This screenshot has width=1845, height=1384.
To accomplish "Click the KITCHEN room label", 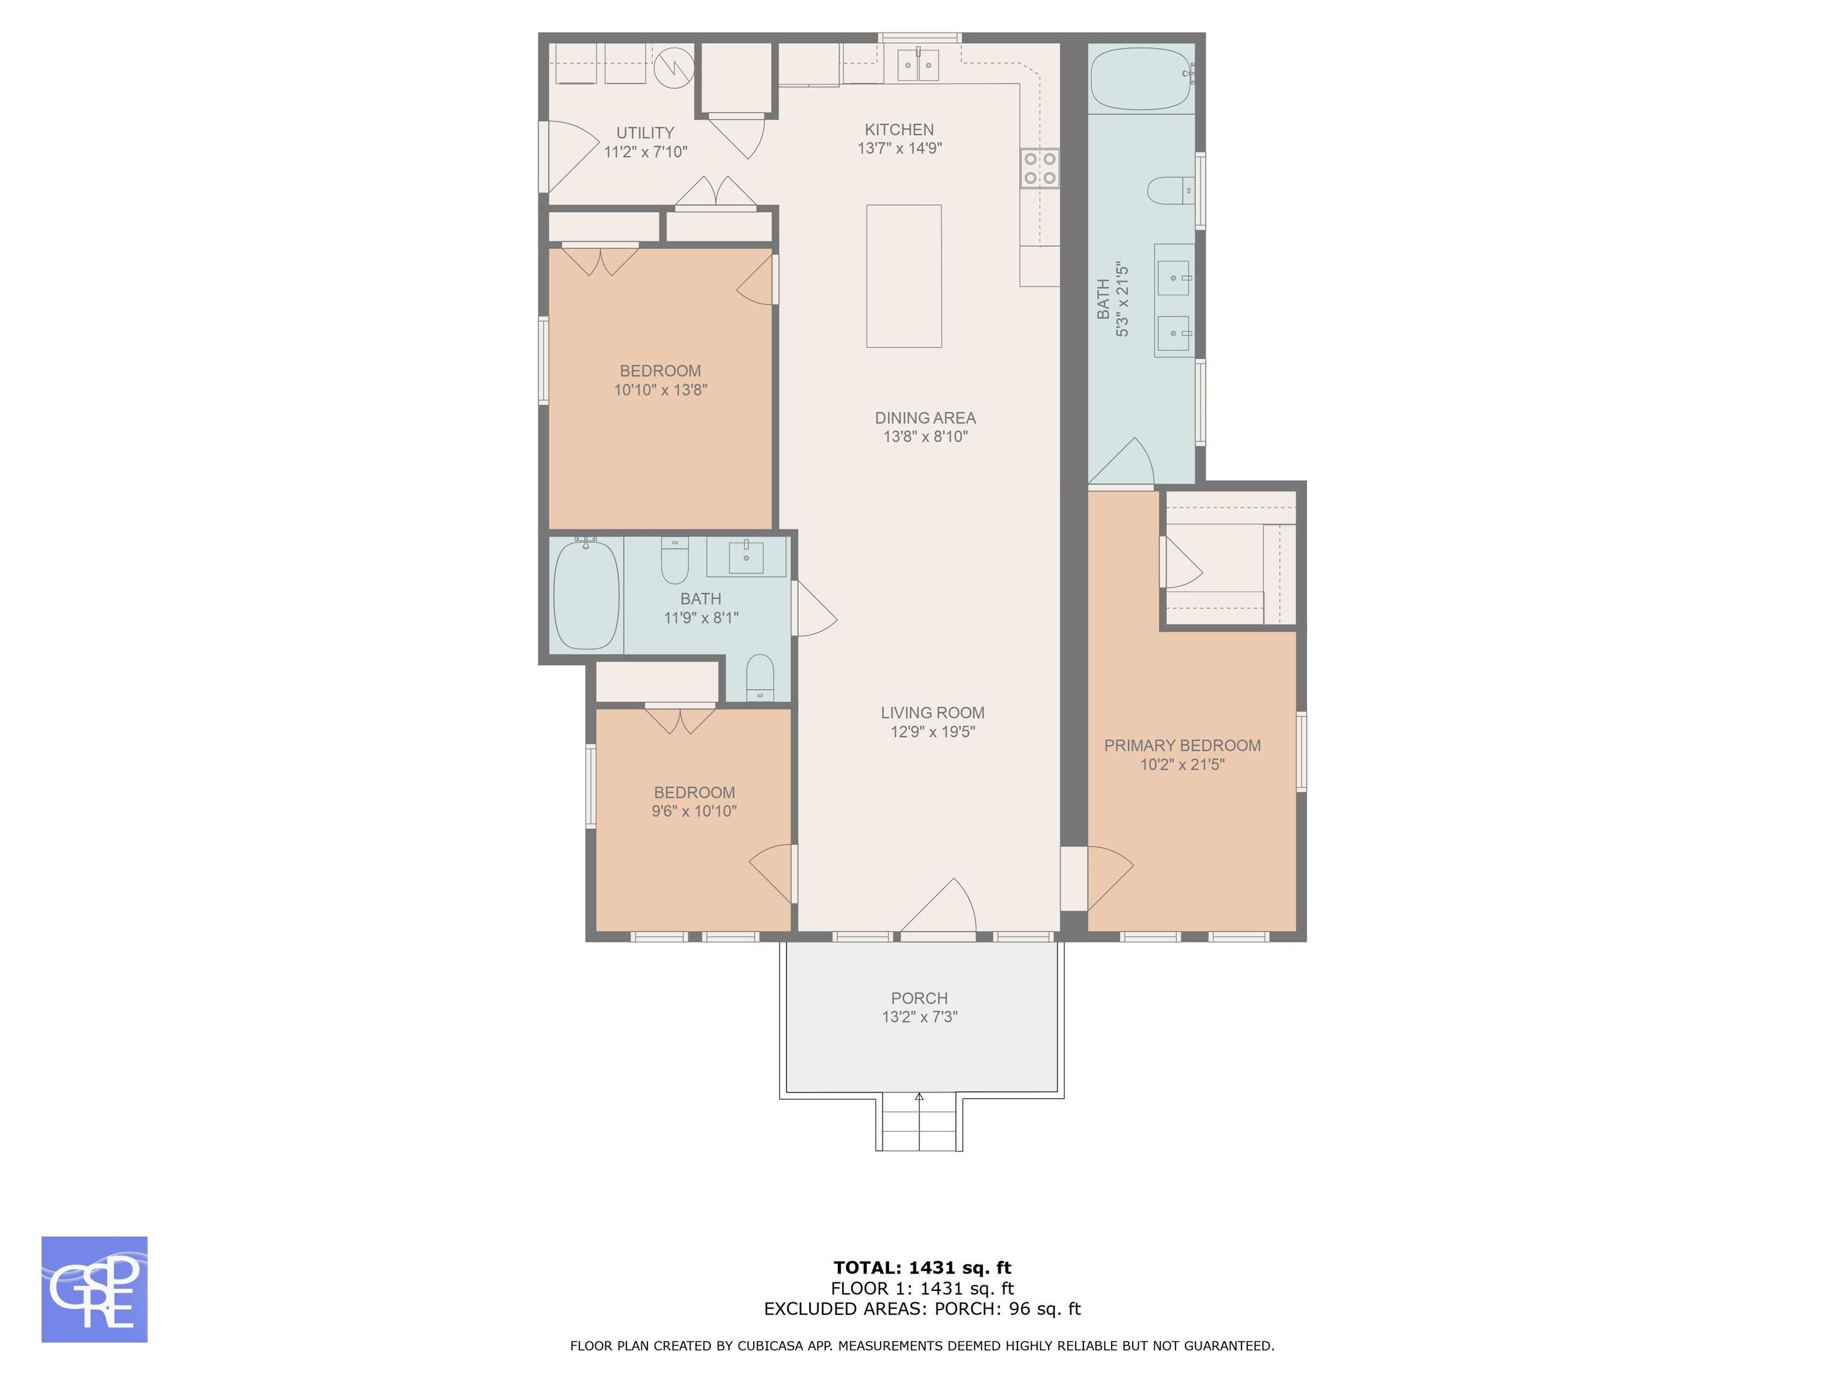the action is (899, 129).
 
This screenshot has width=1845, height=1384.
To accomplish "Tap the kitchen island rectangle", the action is (904, 276).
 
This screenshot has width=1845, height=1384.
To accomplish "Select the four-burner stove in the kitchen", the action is (1039, 168).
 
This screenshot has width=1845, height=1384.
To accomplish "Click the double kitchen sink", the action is (918, 65).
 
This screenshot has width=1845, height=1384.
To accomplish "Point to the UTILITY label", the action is (645, 133).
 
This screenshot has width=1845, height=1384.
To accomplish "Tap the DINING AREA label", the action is (925, 418).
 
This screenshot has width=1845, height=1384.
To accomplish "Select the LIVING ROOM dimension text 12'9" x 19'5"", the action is (933, 732).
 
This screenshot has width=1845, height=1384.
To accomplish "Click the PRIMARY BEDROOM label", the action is (1182, 746).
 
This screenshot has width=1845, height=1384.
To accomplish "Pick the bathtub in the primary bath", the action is (1140, 79).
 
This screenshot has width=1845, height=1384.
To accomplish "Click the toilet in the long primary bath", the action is (1171, 191).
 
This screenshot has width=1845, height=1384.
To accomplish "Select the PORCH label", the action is (919, 998).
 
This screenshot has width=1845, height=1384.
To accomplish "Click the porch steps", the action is (919, 1124).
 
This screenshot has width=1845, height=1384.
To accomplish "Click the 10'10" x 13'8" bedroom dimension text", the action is (661, 390).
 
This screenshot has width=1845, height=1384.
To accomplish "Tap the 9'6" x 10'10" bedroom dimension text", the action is (694, 811).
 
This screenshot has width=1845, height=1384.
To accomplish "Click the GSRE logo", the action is (94, 1289).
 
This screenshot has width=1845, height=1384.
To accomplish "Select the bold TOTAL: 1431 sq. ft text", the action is (922, 1269).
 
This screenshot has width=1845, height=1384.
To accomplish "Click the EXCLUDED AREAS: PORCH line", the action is (922, 1309).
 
